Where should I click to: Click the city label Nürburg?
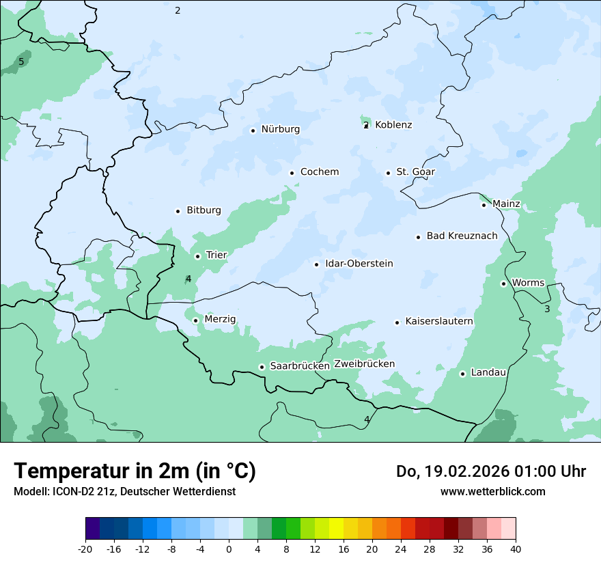[280, 129]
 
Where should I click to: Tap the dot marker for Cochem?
[292, 173]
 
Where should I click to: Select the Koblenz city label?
[393, 125]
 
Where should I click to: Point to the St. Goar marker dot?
[388, 173]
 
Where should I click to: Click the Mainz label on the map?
[506, 204]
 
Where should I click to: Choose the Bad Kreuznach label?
[462, 236]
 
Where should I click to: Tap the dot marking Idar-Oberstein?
[316, 264]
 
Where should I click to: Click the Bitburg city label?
[204, 210]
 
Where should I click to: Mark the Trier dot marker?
[197, 256]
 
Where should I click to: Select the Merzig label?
[220, 319]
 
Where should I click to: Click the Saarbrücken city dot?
[262, 367]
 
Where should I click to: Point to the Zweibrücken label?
[364, 364]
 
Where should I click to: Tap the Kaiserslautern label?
[439, 321]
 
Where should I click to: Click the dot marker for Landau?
[462, 374]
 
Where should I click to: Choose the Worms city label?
[528, 283]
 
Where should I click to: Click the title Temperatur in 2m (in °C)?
[135, 471]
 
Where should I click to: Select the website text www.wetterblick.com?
[492, 491]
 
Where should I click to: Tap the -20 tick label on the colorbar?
[85, 549]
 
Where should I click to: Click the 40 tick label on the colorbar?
[516, 549]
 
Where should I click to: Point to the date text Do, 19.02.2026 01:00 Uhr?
[491, 471]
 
